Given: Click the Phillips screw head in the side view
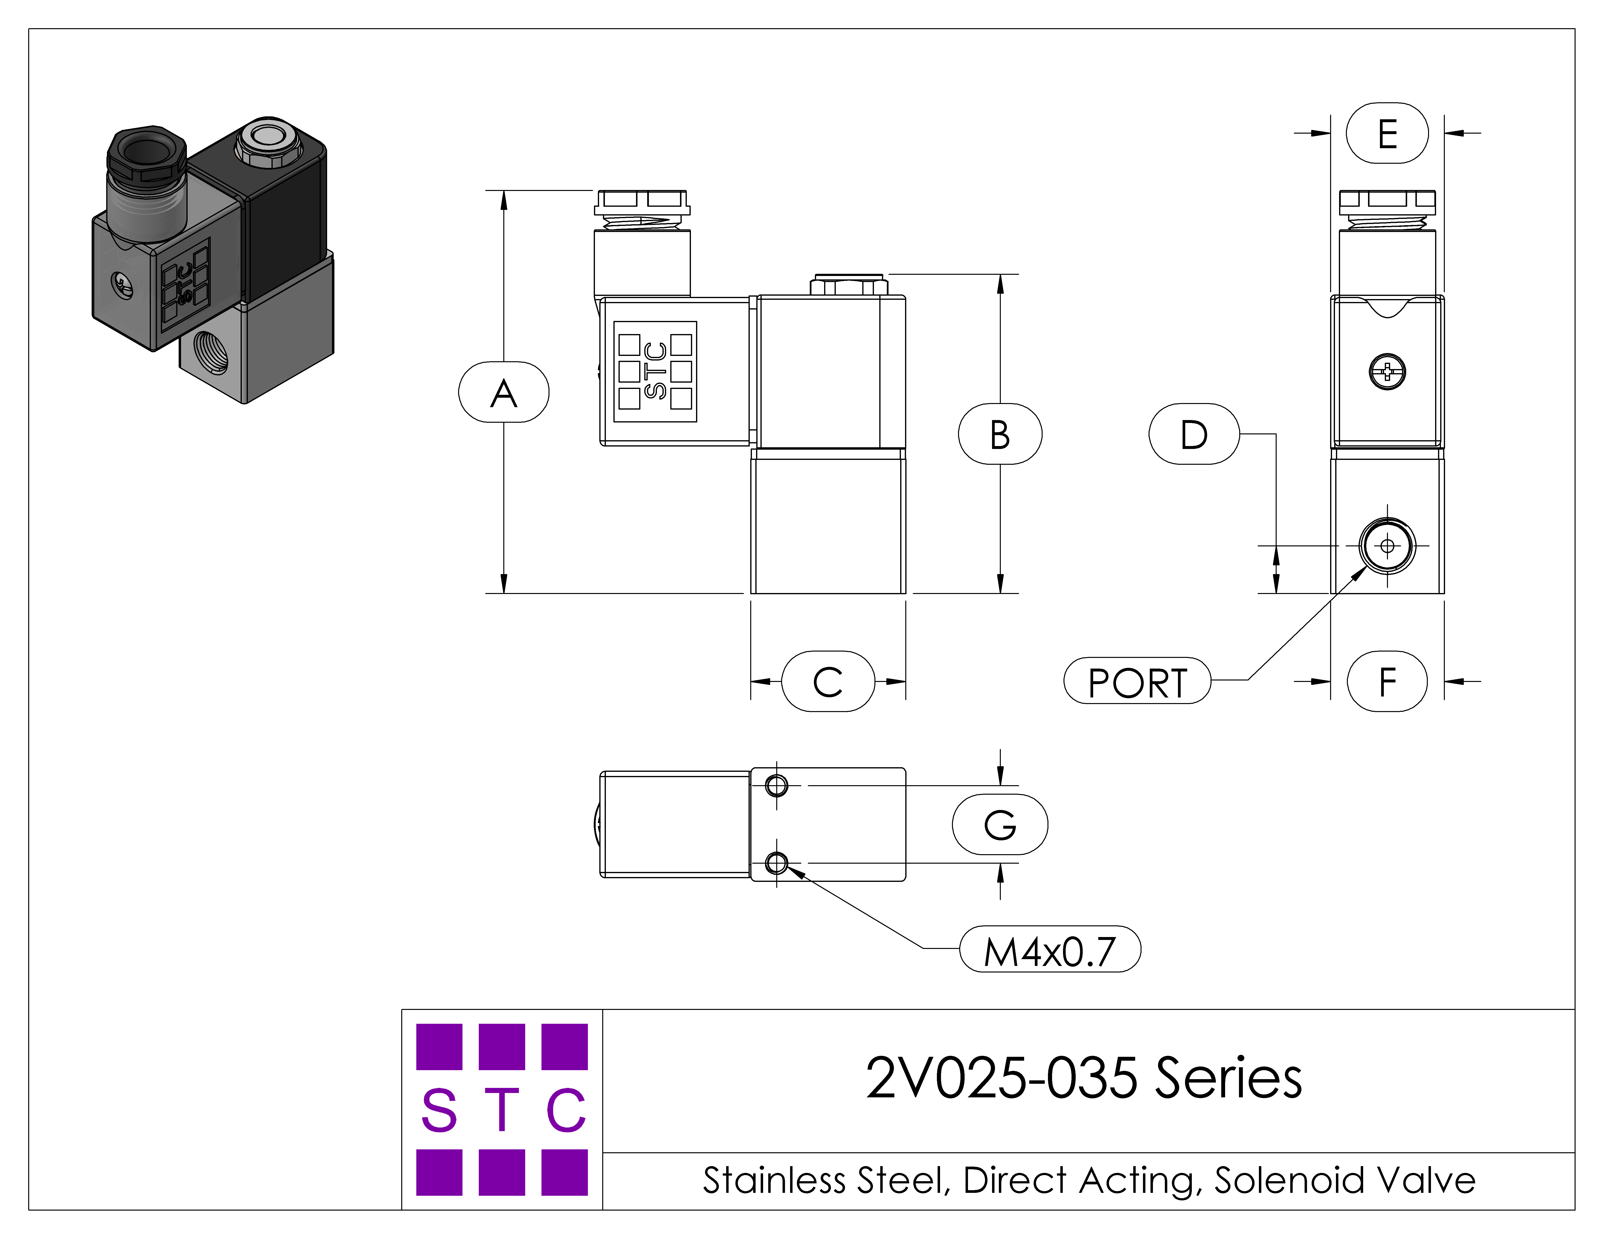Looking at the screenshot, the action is click(x=1387, y=371).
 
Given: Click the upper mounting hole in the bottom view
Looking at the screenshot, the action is click(x=776, y=785).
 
